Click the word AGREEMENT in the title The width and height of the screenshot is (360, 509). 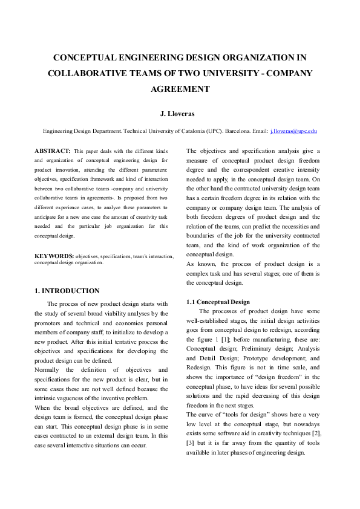pyautogui.click(x=180, y=89)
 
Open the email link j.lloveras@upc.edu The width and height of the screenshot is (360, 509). pyautogui.click(x=293, y=131)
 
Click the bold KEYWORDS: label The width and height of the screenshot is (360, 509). pyautogui.click(x=54, y=257)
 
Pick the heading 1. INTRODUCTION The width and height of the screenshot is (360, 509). pyautogui.click(x=67, y=291)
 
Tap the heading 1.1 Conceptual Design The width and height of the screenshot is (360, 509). pyautogui.click(x=218, y=302)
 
